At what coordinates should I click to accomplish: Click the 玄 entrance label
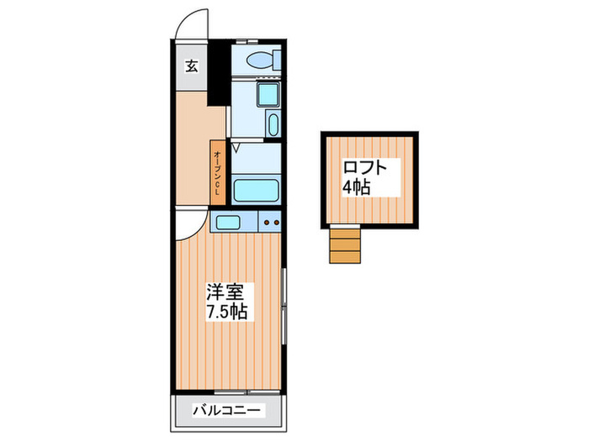click(x=192, y=66)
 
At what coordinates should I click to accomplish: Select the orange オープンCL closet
click(x=217, y=172)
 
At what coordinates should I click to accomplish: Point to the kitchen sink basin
click(x=227, y=223)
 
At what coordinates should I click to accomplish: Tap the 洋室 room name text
click(x=226, y=294)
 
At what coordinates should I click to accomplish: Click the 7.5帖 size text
click(x=227, y=312)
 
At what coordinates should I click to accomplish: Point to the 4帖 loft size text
click(x=357, y=186)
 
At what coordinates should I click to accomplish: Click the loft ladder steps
click(x=344, y=247)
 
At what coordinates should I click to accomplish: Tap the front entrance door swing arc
click(x=192, y=24)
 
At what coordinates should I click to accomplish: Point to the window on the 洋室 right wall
click(x=285, y=307)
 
